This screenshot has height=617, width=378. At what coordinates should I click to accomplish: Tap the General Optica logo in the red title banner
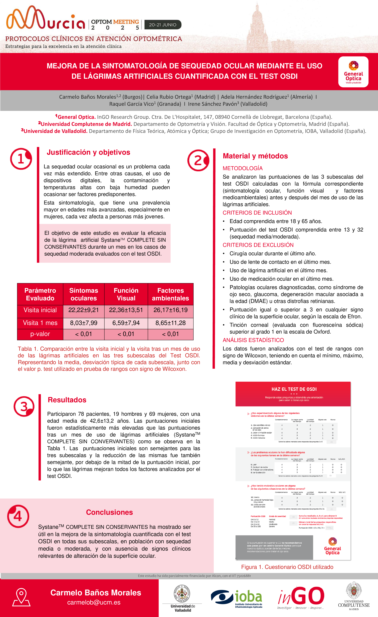(353, 72)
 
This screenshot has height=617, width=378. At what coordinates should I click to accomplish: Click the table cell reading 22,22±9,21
(83, 310)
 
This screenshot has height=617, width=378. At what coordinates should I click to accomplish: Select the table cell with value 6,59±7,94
(126, 323)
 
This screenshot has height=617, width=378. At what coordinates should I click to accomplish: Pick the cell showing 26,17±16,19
(171, 310)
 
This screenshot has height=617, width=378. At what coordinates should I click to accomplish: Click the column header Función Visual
(126, 294)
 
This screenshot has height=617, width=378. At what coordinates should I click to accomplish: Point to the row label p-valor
(40, 334)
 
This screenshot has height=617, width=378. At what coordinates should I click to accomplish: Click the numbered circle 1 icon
(21, 159)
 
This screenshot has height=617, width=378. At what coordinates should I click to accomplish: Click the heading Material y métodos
(255, 156)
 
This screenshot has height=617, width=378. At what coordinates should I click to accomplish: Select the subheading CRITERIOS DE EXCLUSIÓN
(258, 245)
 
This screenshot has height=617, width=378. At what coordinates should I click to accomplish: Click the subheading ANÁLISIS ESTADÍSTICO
(253, 340)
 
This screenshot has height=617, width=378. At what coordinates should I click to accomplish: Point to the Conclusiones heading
(109, 512)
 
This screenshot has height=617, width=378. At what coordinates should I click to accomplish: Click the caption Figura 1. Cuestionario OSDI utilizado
(287, 567)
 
